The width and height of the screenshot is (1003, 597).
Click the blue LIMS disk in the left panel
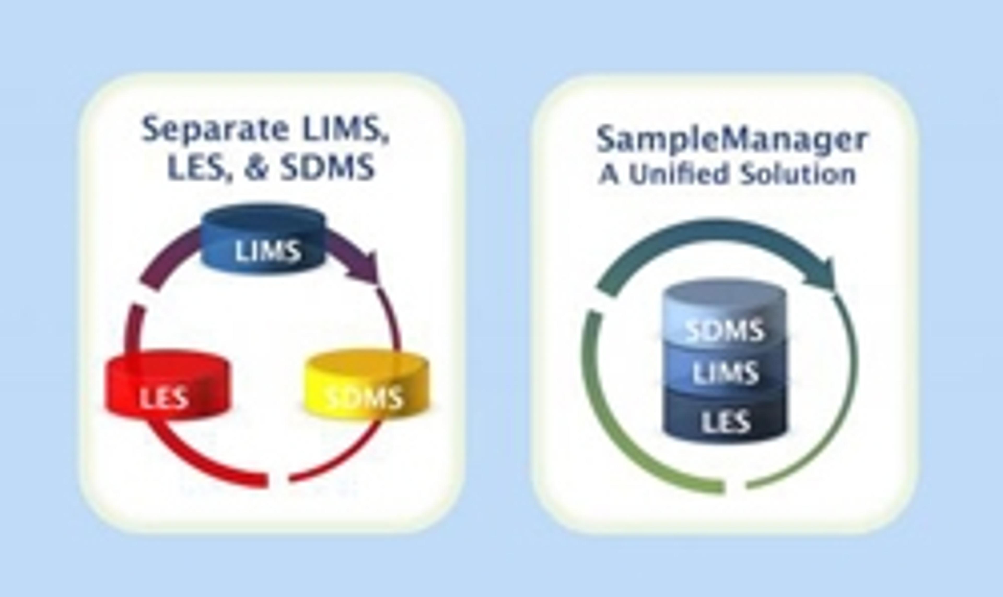coord(264,241)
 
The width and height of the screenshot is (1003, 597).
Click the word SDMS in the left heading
coord(327,167)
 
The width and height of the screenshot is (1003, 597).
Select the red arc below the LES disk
coord(201,463)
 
